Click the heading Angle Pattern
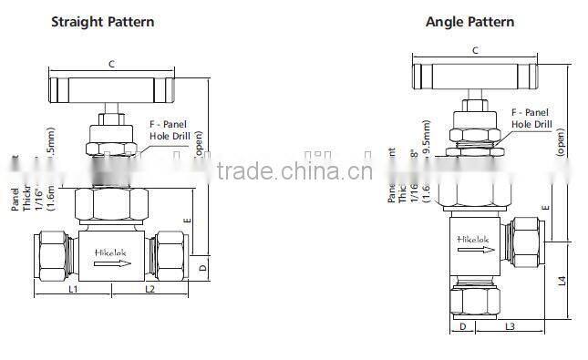point(469,21)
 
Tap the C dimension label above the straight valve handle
point(111,64)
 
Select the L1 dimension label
point(74,289)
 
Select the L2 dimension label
point(151,289)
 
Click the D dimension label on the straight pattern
point(202,268)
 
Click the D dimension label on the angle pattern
point(462,325)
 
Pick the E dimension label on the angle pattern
point(545,209)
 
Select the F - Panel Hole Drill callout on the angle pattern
point(531,118)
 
